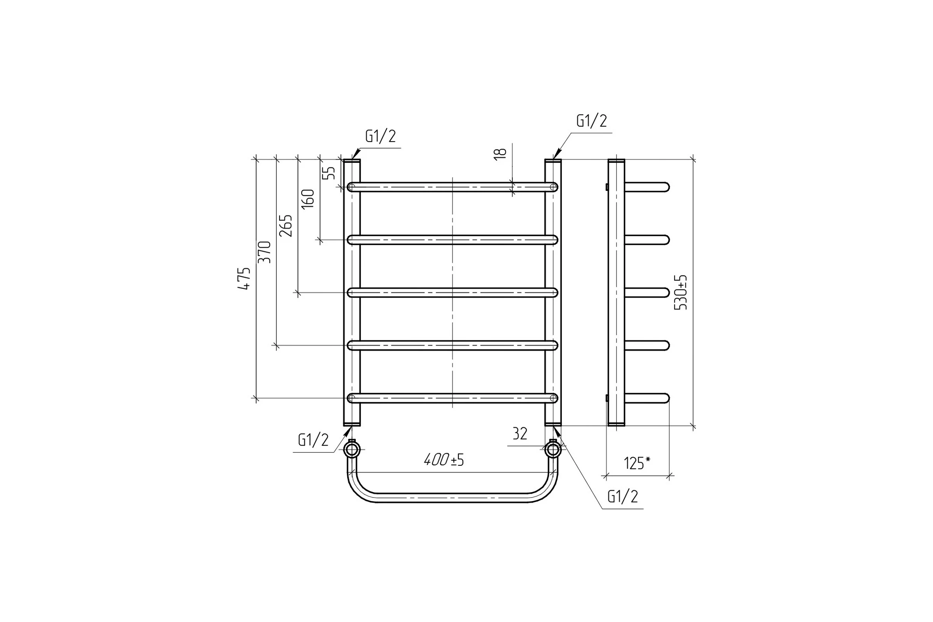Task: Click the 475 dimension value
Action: (245, 278)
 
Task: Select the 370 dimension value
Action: (265, 252)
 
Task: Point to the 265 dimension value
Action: (286, 226)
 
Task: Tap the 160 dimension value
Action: (308, 199)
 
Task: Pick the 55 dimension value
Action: (329, 173)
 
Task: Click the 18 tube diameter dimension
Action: (501, 154)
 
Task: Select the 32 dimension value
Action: (520, 434)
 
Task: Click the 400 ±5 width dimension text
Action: (444, 460)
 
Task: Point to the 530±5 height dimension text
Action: (681, 292)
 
